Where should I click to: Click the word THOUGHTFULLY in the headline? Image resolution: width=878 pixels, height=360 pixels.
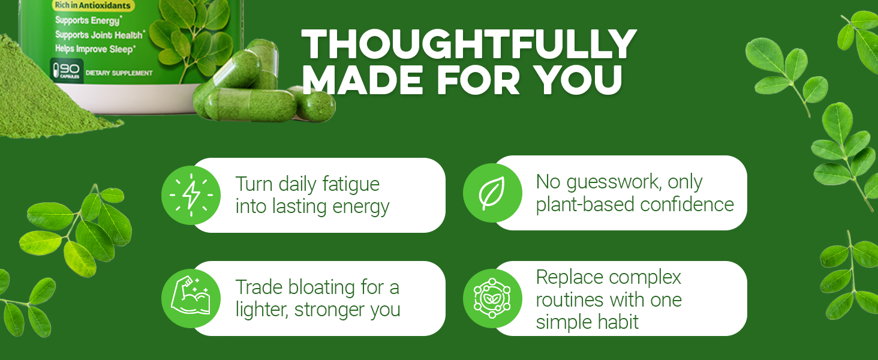point(468,45)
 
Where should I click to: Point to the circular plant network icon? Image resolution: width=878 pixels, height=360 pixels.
point(492,298)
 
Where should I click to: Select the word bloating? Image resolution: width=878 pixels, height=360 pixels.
point(317,287)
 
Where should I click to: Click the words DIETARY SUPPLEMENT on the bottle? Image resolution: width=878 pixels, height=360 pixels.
point(119,73)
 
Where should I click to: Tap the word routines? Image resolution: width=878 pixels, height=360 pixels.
point(570,299)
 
